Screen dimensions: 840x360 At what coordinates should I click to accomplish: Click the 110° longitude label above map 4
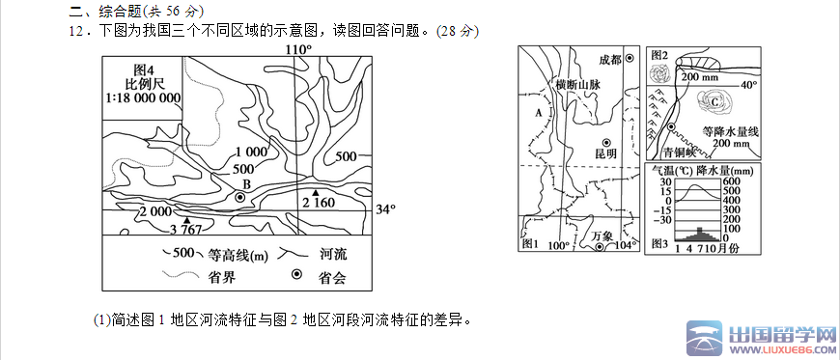coord(298,49)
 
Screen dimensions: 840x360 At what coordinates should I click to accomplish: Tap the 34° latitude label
coord(386,209)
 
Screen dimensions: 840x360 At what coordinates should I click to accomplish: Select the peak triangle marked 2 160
coord(316,193)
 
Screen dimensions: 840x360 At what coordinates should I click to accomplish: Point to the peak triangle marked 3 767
coord(186,220)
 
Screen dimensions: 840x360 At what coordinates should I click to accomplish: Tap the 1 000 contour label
coord(250,152)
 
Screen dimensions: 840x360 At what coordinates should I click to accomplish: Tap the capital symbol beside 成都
coord(630,59)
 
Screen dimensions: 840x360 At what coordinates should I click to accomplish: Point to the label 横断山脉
coord(577,85)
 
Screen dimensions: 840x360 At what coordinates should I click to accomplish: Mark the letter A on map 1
coord(539,113)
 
